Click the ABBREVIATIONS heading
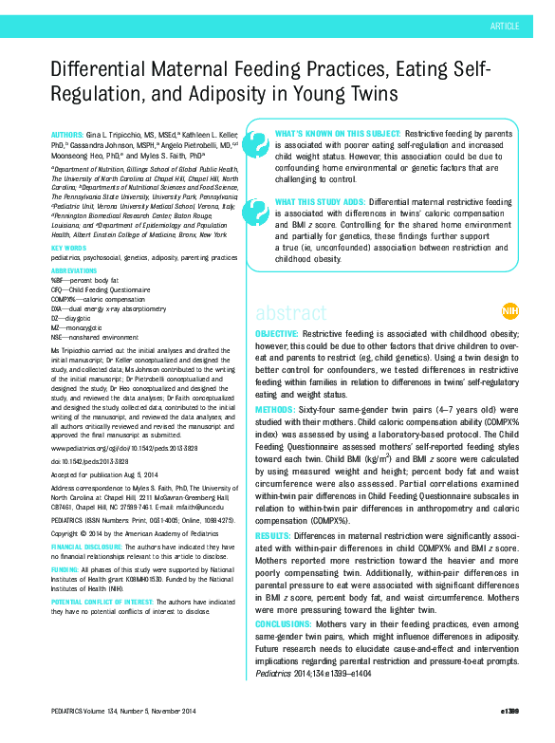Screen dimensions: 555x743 point(74,270)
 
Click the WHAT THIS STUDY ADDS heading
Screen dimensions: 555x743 point(320,202)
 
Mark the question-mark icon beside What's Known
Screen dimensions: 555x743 point(256,142)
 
